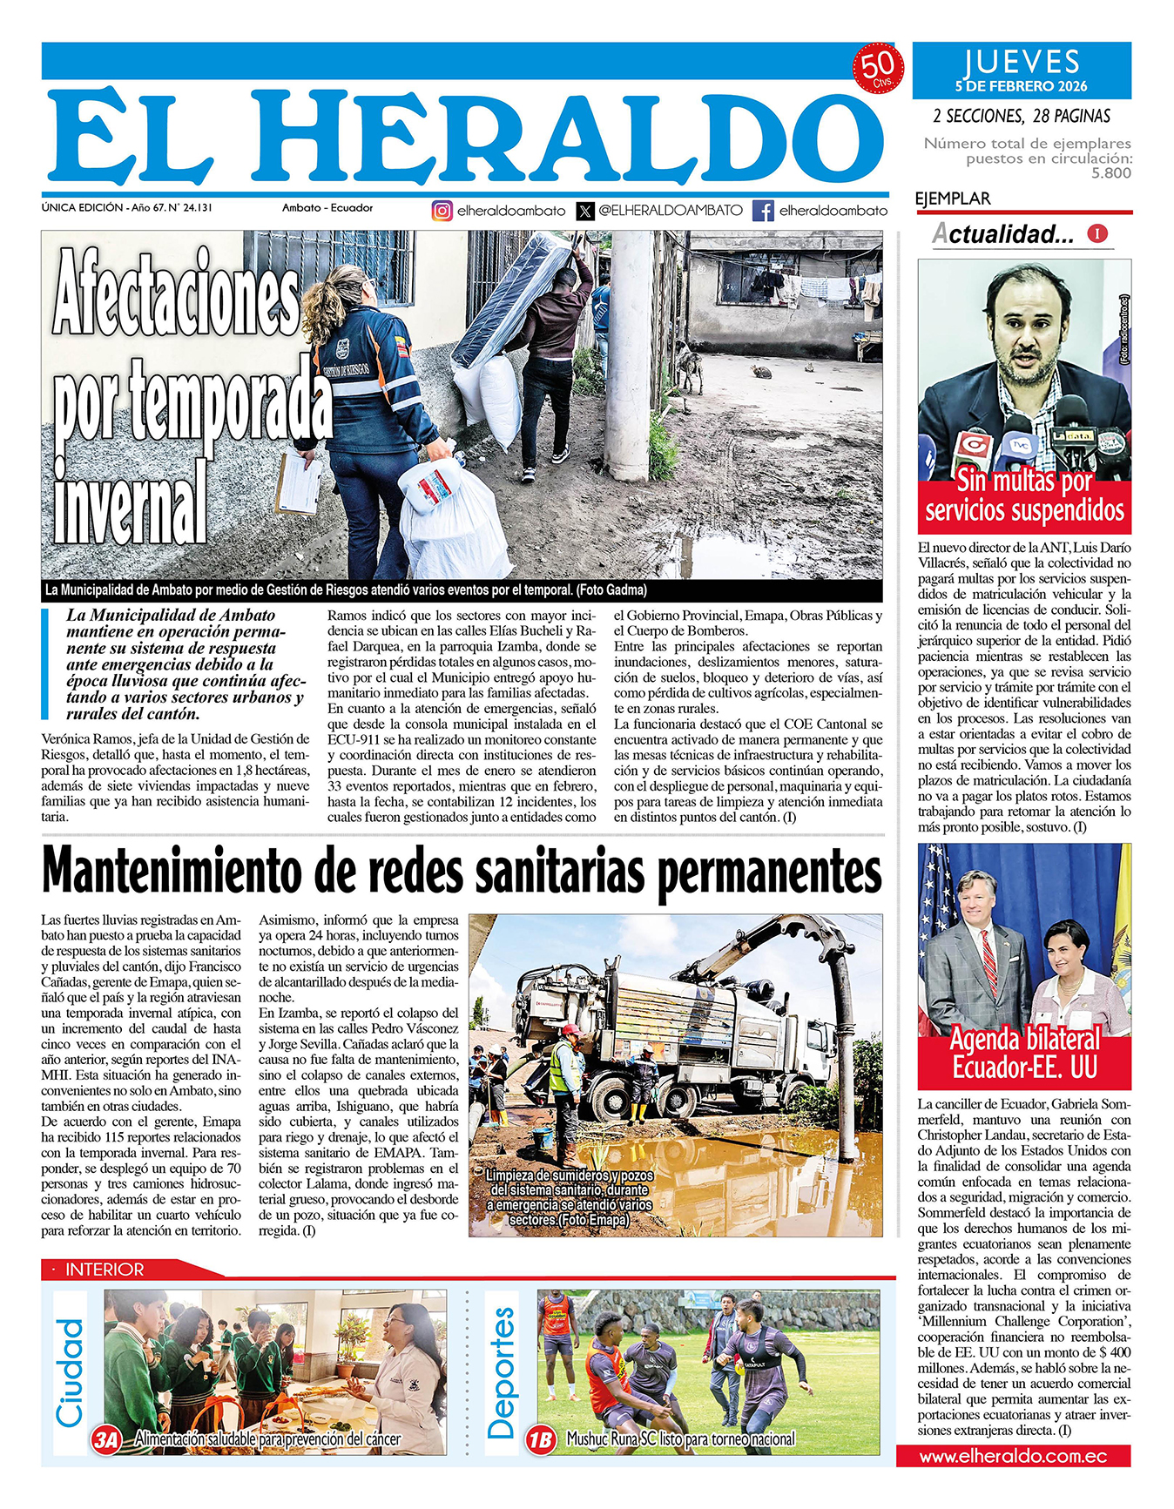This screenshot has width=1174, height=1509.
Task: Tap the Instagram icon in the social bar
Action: pos(442,211)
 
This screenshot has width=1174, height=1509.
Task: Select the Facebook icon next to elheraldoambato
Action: pos(763,211)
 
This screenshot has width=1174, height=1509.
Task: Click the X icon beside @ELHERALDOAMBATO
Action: pos(585,211)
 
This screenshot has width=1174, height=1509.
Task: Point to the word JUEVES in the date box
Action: pos(1022,63)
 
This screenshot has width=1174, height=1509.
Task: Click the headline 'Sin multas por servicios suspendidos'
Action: pos(1024,495)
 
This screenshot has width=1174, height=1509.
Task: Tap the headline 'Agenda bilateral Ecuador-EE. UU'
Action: pos(1024,1053)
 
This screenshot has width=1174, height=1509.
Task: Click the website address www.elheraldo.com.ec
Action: pos(1013,1456)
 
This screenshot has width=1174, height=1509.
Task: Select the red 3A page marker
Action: pos(106,1440)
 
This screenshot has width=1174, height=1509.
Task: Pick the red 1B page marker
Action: pos(540,1440)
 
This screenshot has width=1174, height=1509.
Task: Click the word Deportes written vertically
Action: pos(502,1373)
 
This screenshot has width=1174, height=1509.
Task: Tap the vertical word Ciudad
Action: pos(70,1373)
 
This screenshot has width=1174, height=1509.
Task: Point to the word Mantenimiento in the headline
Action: pos(179,872)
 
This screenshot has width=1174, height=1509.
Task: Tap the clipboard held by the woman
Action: pos(299,483)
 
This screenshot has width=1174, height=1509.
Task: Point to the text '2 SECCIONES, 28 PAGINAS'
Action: pos(1021,116)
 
